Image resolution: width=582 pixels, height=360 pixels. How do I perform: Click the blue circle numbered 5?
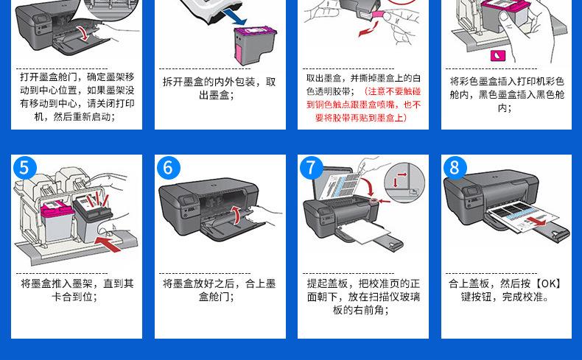click(25, 169)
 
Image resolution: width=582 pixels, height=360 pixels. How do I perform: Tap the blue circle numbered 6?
click(168, 169)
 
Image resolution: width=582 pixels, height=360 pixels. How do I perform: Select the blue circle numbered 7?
click(311, 169)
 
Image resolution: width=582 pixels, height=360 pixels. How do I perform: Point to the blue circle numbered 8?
click(454, 169)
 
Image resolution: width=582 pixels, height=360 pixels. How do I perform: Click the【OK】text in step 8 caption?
click(547, 283)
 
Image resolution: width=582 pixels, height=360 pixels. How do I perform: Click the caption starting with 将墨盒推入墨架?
click(77, 290)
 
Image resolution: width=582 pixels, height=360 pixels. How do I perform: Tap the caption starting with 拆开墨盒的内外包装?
click(219, 88)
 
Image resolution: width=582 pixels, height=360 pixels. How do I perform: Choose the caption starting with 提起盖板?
click(363, 297)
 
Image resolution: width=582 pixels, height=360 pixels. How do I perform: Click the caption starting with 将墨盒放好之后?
click(219, 290)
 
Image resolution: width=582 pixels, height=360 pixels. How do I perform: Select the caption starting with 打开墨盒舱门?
click(77, 96)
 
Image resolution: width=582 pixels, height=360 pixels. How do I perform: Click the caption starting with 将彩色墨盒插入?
click(506, 94)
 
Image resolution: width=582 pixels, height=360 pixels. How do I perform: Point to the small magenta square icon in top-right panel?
click(497, 56)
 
